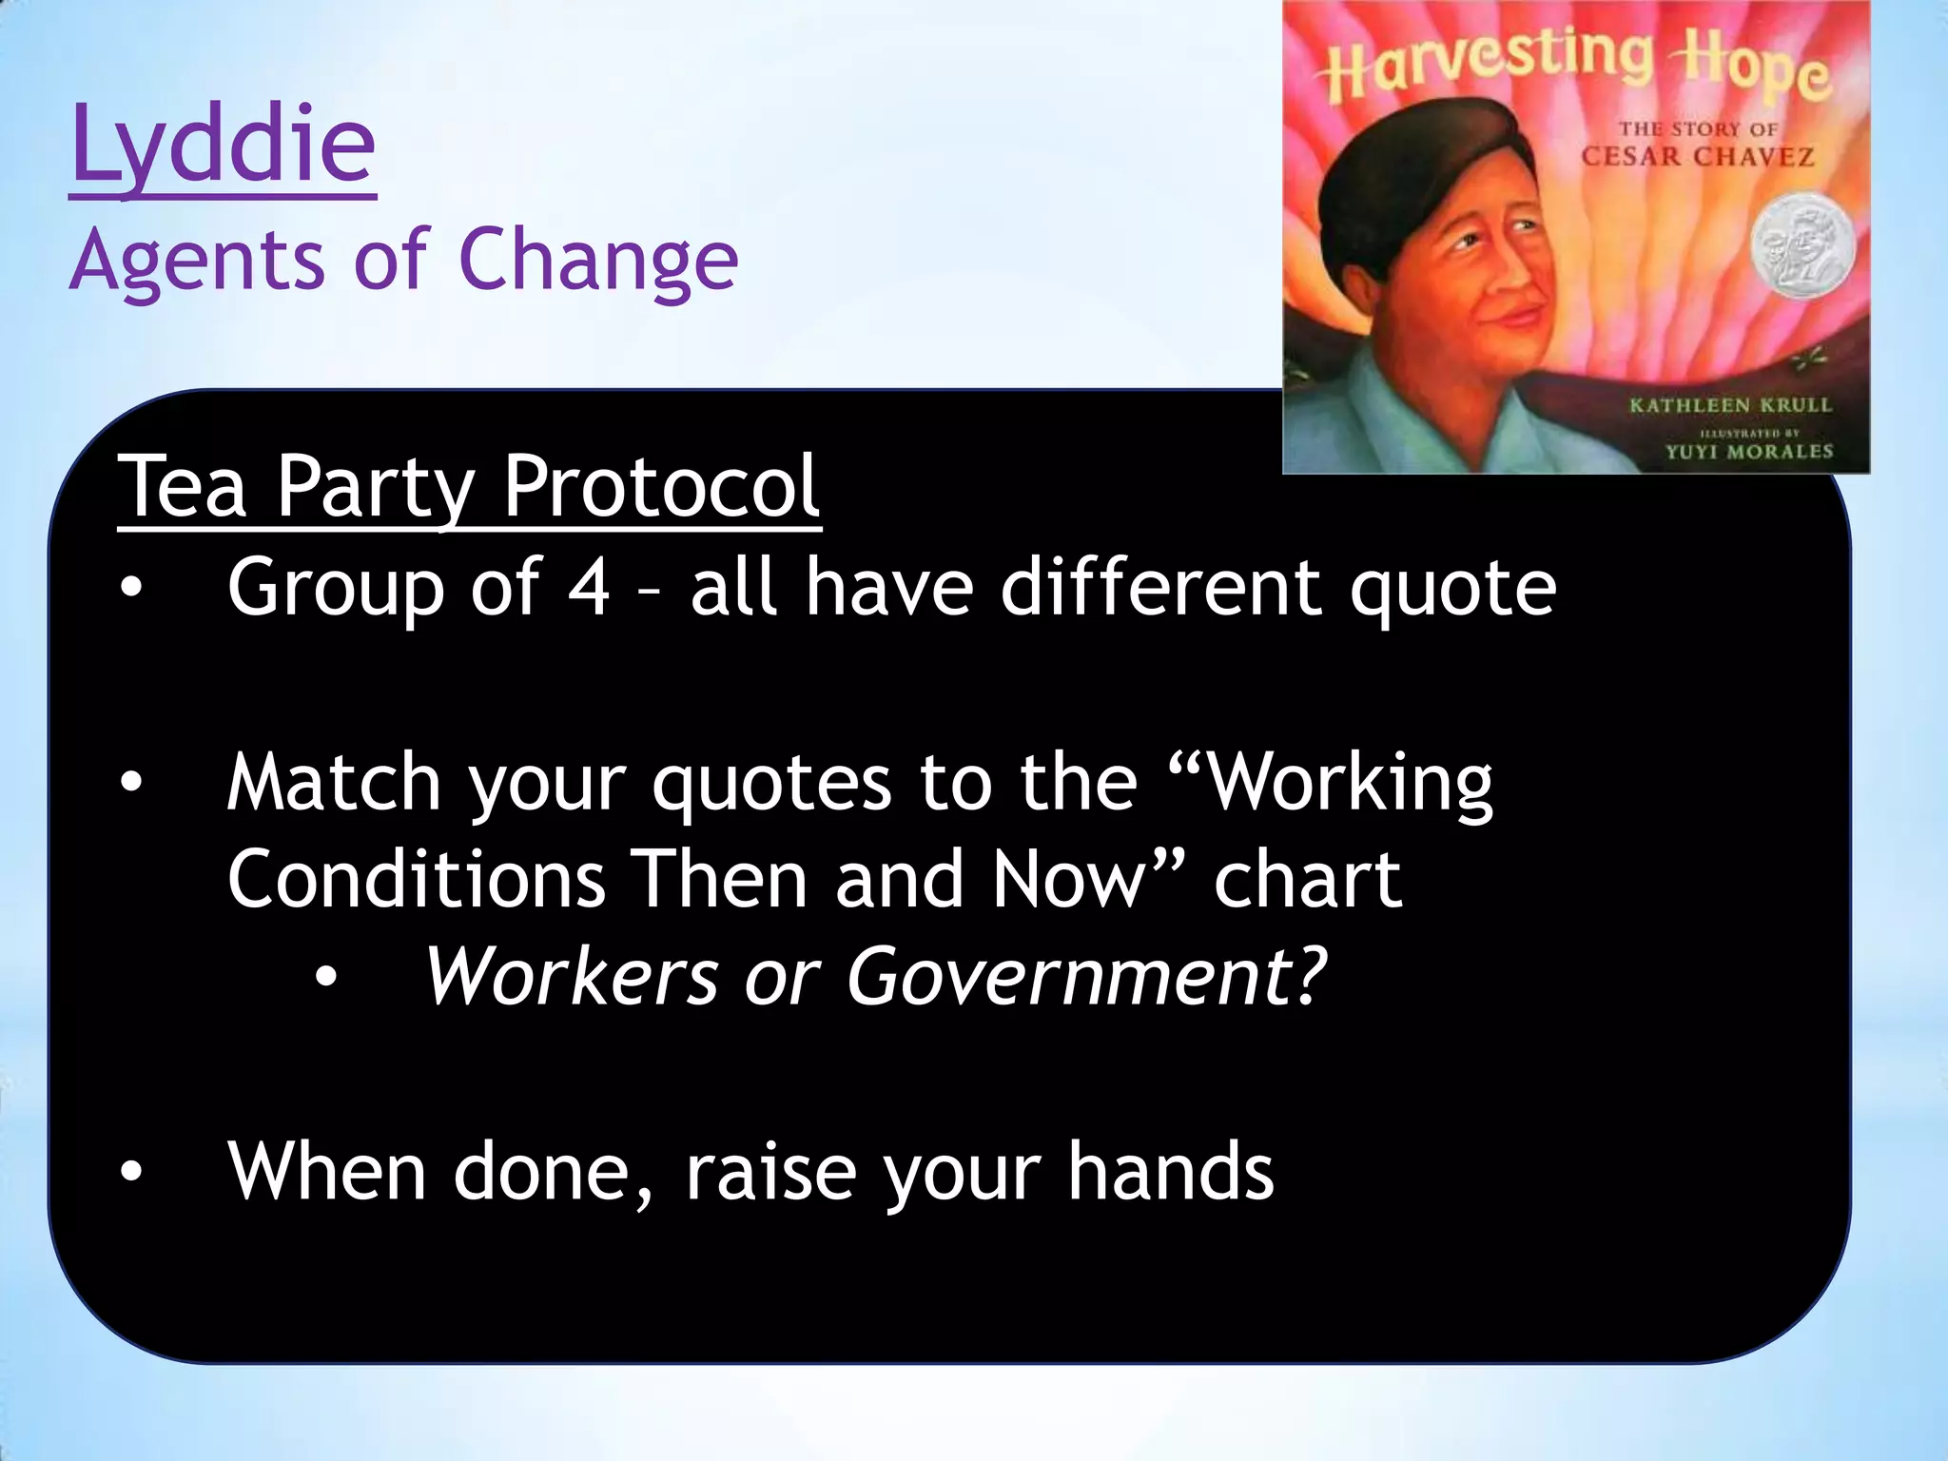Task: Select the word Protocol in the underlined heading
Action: [x=660, y=487]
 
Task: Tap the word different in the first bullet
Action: [x=1160, y=587]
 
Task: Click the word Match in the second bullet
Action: [x=333, y=783]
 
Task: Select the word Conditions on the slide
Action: [x=416, y=880]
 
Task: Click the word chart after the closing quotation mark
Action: [x=1307, y=880]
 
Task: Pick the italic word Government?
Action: [x=1085, y=978]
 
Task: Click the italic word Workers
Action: [x=571, y=978]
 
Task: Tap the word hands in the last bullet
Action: [x=1169, y=1172]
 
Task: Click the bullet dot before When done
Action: [x=130, y=1172]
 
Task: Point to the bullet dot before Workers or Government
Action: [x=326, y=977]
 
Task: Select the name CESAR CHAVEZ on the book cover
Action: [x=1697, y=157]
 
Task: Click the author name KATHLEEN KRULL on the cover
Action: [x=1730, y=406]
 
